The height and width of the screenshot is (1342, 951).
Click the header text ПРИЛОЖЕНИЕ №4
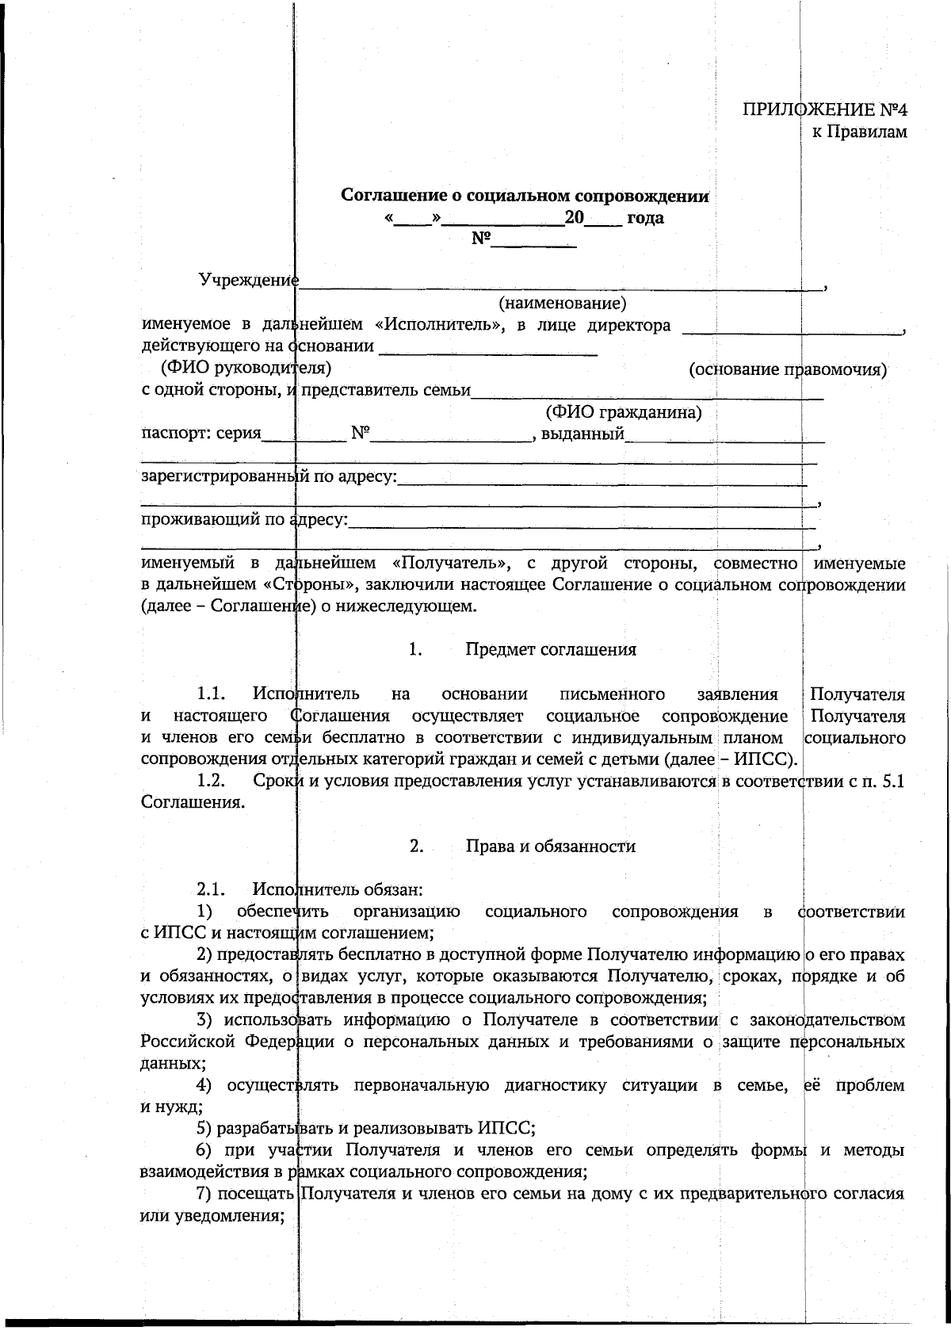coord(824,109)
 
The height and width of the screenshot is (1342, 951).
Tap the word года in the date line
coord(645,218)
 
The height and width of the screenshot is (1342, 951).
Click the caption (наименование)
coord(563,303)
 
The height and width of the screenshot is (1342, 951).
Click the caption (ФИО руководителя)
coord(246,368)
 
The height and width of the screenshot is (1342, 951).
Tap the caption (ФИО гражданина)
coord(623,412)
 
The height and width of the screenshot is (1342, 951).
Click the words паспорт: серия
coord(201,434)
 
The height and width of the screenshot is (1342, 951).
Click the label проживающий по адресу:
coord(244,520)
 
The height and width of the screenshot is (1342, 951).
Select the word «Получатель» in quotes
coord(449,564)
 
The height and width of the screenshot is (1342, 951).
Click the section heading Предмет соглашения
coord(551,650)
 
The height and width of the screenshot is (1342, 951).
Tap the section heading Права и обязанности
coord(551,846)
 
